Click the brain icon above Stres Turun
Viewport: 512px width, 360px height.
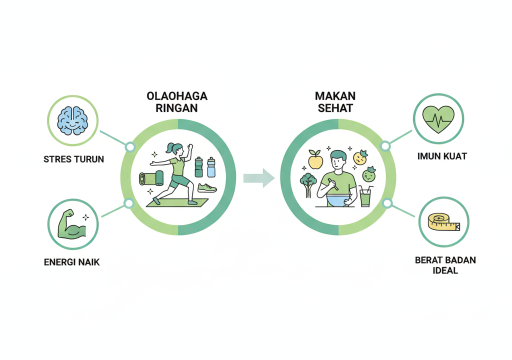click(73, 120)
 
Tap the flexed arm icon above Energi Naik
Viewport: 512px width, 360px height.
click(72, 225)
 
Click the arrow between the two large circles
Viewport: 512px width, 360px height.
click(258, 178)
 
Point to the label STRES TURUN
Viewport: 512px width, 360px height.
click(73, 160)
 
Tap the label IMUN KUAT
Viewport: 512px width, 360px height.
click(441, 156)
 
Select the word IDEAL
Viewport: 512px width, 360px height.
click(445, 270)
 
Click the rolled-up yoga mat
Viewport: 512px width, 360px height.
click(150, 179)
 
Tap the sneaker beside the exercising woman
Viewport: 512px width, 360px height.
click(206, 188)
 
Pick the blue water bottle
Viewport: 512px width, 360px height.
click(211, 167)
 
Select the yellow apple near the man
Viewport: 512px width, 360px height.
click(314, 160)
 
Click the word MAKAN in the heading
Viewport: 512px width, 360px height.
click(335, 95)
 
